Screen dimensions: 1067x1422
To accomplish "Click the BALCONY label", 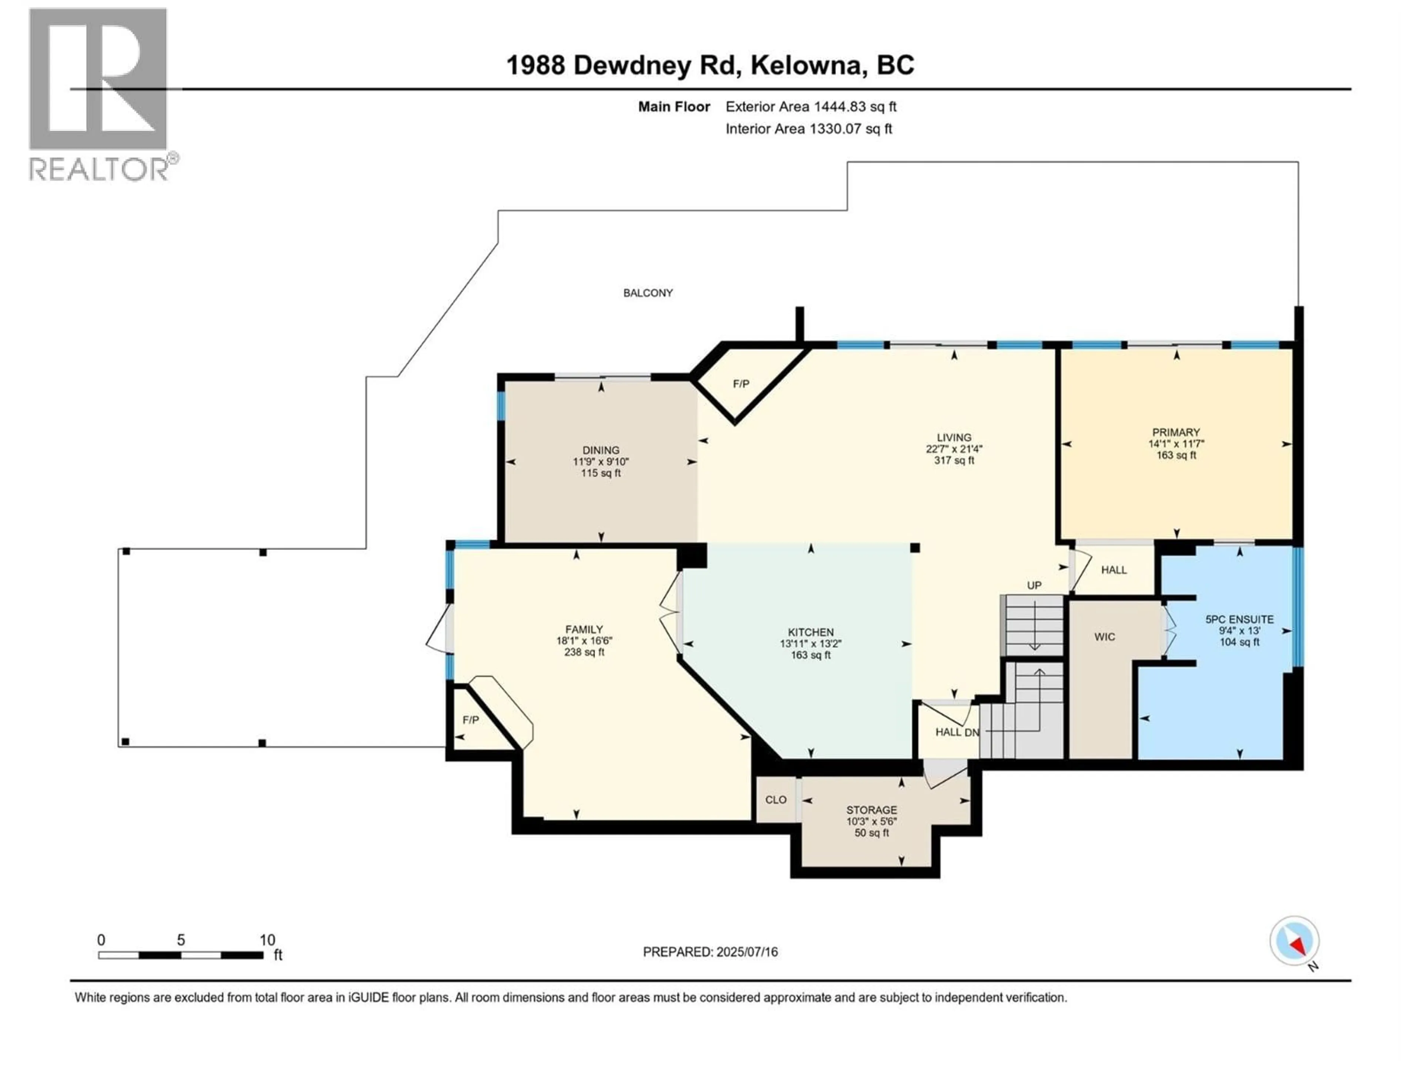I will pos(647,293).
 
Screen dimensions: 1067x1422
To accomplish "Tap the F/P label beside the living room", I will pos(741,384).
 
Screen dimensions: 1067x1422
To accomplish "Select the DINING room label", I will pos(600,450).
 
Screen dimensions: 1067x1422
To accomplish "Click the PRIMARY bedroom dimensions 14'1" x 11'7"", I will pos(1176,444).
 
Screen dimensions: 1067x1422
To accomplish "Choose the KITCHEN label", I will pos(811,632).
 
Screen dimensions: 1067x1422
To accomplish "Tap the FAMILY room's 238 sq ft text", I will pos(584,652).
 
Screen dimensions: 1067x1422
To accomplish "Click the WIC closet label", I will pos(1104,637).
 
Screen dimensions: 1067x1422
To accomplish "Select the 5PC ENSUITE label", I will pos(1239,619).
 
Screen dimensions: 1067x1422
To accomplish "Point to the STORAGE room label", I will pos(871,810).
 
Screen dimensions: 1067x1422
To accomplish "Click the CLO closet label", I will pos(775,800).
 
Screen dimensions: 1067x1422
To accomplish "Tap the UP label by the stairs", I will pos(1034,585).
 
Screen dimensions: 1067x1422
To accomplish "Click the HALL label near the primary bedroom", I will pos(1114,570).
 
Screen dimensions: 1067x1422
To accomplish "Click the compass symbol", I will pos(1294,941).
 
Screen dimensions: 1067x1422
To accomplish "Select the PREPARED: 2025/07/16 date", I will pos(710,952).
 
